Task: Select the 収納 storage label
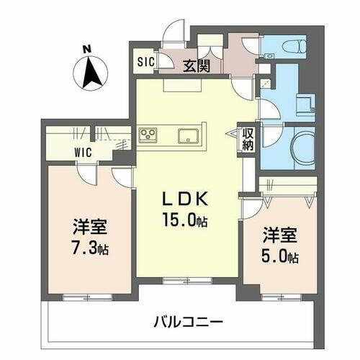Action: (x=248, y=138)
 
